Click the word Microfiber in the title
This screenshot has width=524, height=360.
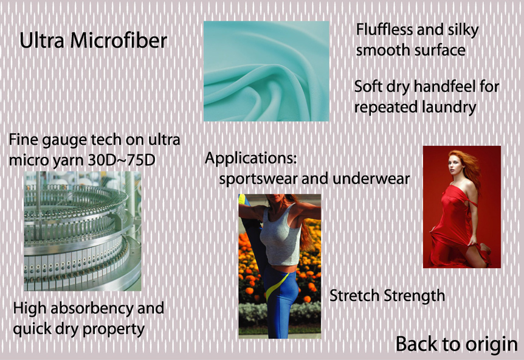119,41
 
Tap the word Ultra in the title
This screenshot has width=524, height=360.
42,41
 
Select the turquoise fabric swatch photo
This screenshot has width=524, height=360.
266,71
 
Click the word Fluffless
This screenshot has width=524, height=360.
384,30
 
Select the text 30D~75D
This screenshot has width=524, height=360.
122,160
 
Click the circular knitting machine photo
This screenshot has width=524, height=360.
83,231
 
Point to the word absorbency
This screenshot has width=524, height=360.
92,308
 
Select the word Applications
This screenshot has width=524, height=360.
251,159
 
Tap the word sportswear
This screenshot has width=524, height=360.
258,179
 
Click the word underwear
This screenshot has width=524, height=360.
371,179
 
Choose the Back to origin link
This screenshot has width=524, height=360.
457,344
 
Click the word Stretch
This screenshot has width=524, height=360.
354,296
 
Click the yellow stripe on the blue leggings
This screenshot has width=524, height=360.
276,286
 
